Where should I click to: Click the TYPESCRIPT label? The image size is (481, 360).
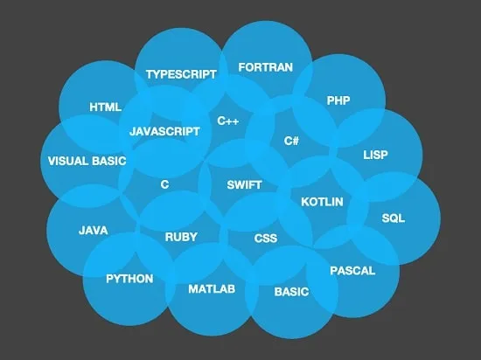click(x=181, y=74)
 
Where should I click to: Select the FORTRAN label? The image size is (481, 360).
click(x=266, y=67)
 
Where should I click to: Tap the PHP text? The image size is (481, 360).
click(x=338, y=100)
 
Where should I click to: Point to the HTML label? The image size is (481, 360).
click(x=106, y=107)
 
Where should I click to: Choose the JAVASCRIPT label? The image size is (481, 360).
click(x=164, y=131)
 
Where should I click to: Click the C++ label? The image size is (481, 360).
click(x=228, y=121)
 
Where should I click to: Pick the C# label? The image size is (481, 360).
click(x=291, y=141)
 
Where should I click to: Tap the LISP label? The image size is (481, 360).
click(x=375, y=155)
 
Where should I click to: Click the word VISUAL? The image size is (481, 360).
click(x=68, y=161)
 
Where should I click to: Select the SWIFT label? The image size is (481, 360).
click(x=244, y=185)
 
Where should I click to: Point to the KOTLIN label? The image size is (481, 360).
click(x=322, y=202)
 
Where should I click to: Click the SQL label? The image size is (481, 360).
click(x=394, y=218)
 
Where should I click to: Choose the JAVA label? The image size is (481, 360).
click(x=94, y=231)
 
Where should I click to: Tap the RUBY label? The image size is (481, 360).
click(x=181, y=237)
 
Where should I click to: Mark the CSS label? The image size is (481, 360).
click(x=266, y=239)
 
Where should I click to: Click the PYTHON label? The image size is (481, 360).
click(x=129, y=279)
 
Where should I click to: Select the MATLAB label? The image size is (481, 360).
click(x=212, y=289)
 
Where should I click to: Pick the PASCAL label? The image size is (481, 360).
click(x=352, y=271)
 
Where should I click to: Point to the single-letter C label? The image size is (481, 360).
click(x=164, y=184)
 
